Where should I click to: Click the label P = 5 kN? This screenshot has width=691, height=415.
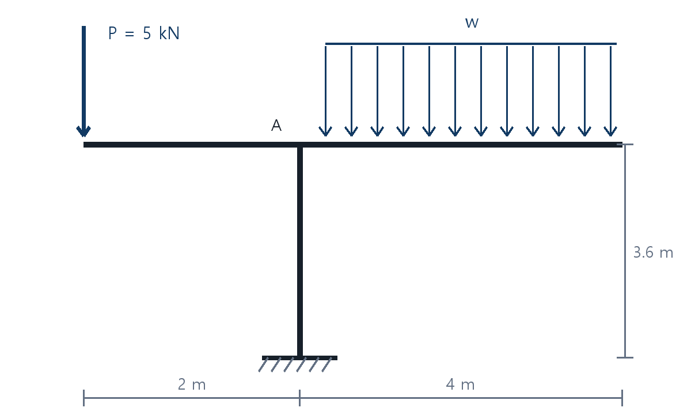[x=144, y=33]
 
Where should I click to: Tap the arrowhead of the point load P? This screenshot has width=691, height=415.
[x=83, y=131]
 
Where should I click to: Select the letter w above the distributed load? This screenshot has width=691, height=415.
[x=472, y=23]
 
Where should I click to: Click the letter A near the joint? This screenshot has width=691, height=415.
[x=276, y=126]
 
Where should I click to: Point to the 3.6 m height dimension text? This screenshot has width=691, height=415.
[x=653, y=252]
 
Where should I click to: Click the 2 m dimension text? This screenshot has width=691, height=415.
[x=192, y=384]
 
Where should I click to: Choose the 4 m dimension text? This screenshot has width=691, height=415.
[x=460, y=384]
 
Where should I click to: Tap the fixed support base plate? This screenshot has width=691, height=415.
[x=299, y=358]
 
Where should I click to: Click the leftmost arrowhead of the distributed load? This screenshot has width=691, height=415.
[x=325, y=131]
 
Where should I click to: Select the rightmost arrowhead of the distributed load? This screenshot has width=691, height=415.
[x=610, y=131]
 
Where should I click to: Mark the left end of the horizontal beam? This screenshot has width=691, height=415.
[x=84, y=145]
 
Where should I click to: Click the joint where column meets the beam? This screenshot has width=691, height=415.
[x=300, y=145]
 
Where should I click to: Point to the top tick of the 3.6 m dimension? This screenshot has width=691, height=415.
[x=625, y=144]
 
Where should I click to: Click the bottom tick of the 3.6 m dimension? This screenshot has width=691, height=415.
[x=625, y=357]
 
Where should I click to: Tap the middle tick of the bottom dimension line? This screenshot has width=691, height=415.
[x=299, y=398]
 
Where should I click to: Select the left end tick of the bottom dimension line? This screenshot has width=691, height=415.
[x=83, y=398]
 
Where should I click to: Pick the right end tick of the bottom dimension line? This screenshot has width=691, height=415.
[x=622, y=398]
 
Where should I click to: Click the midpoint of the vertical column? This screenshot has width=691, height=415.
[x=300, y=252]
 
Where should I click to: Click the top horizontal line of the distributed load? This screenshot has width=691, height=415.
[x=471, y=44]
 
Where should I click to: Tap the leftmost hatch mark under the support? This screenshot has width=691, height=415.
[x=264, y=365]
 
